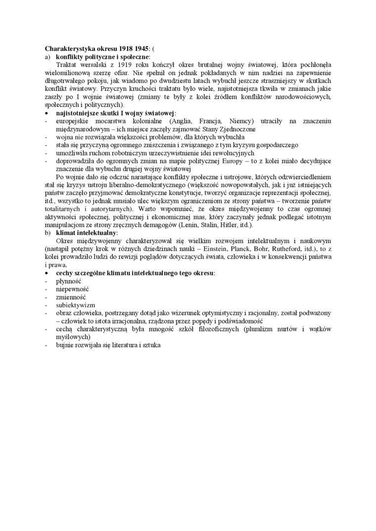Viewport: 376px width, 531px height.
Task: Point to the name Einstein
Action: (x=233, y=249)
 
